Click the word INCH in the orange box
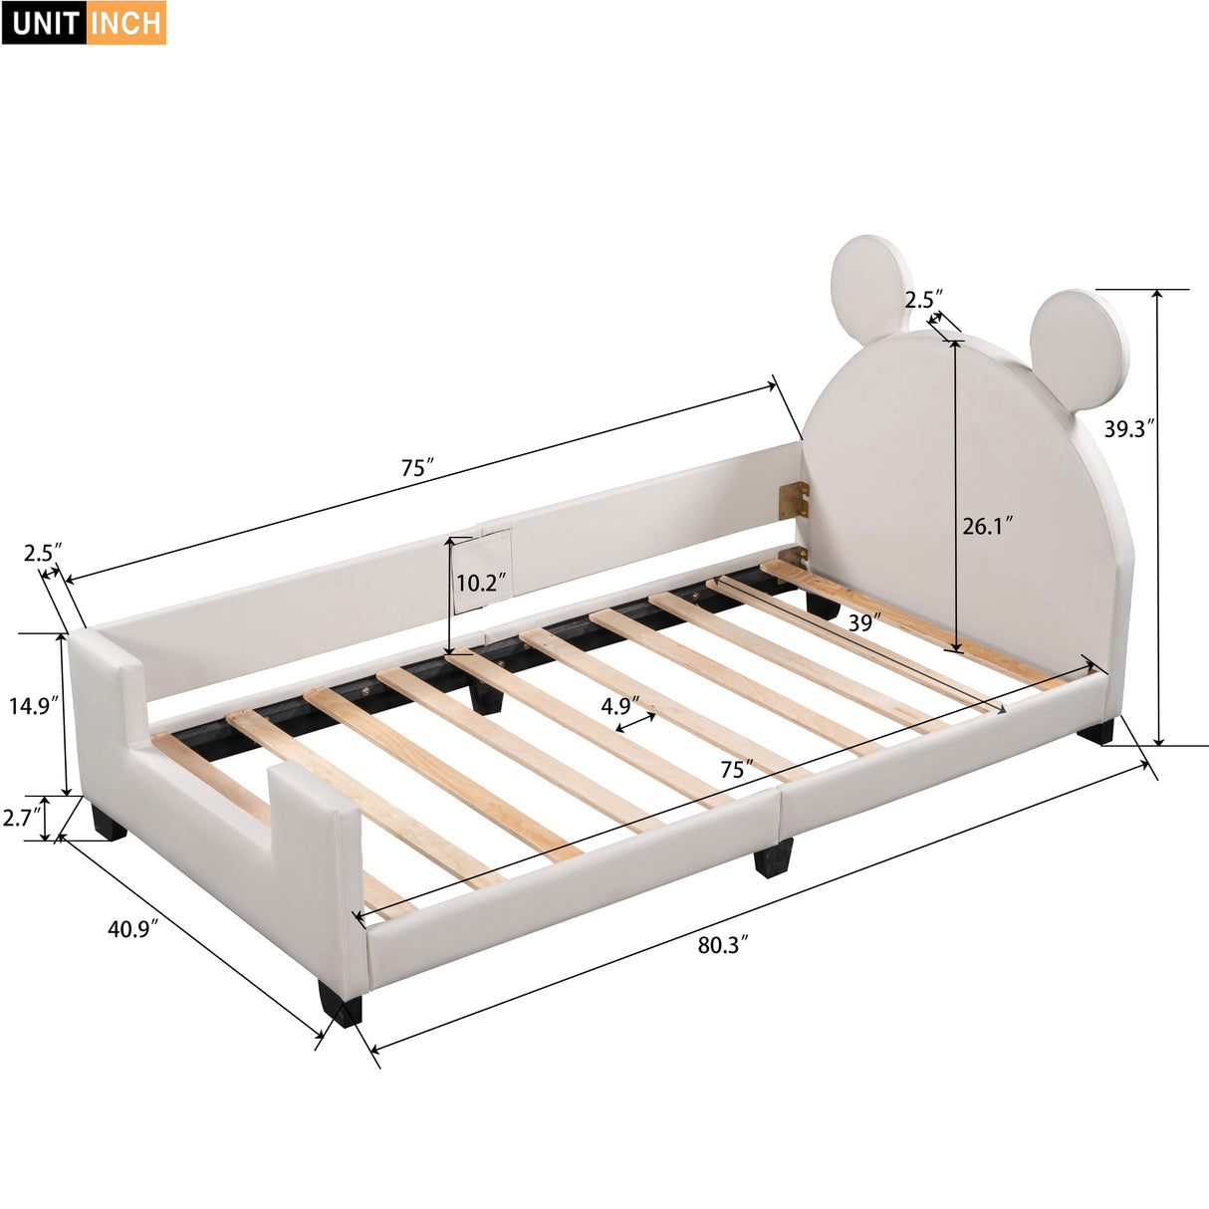click(x=126, y=23)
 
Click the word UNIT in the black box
click(x=46, y=23)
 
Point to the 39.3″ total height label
click(x=1129, y=428)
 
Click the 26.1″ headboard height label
click(x=987, y=525)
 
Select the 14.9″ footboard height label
click(x=34, y=706)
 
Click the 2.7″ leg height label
click(x=22, y=818)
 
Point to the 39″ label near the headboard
click(x=863, y=622)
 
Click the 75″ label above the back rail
click(x=418, y=467)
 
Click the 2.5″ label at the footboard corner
click(x=43, y=552)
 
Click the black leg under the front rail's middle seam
click(x=773, y=857)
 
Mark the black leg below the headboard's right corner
click(x=1095, y=732)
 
